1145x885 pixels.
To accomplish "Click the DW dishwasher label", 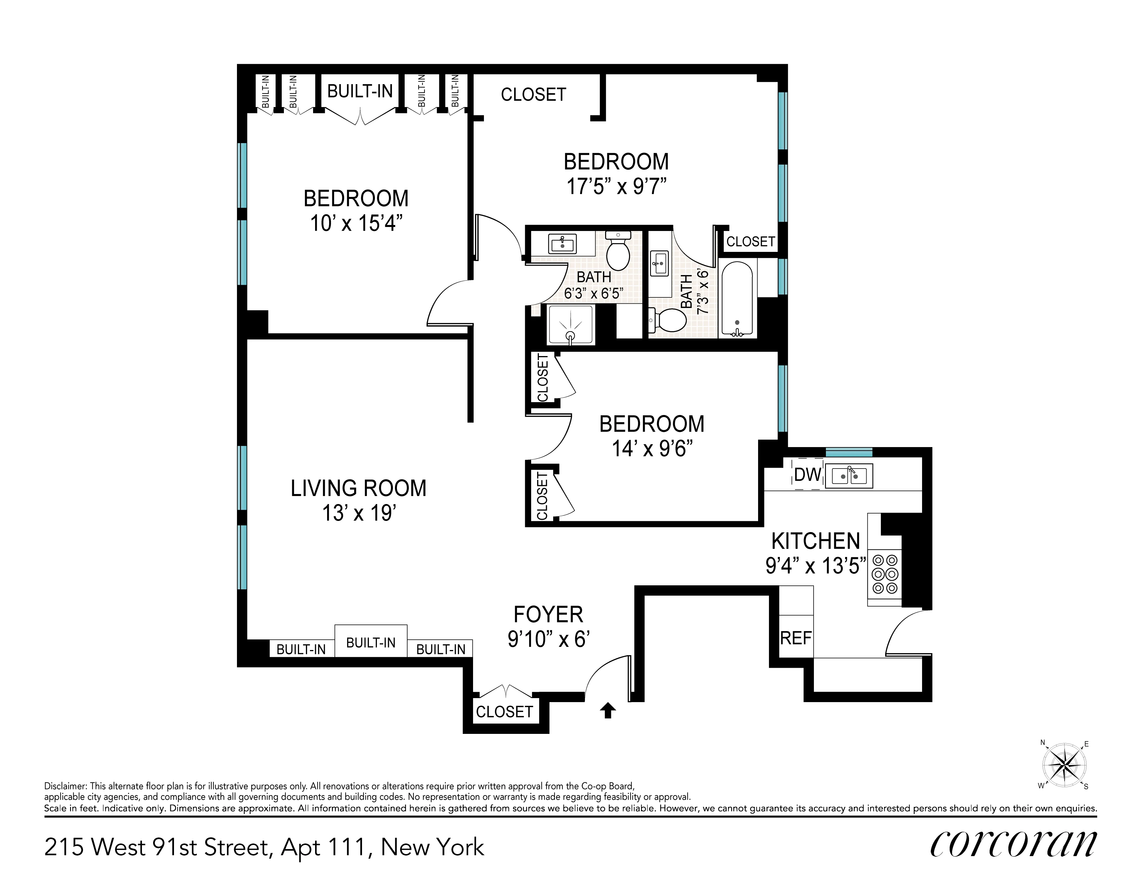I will click(807, 475).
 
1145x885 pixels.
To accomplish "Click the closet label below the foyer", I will click(504, 712).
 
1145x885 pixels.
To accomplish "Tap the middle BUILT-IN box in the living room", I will click(371, 642).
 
